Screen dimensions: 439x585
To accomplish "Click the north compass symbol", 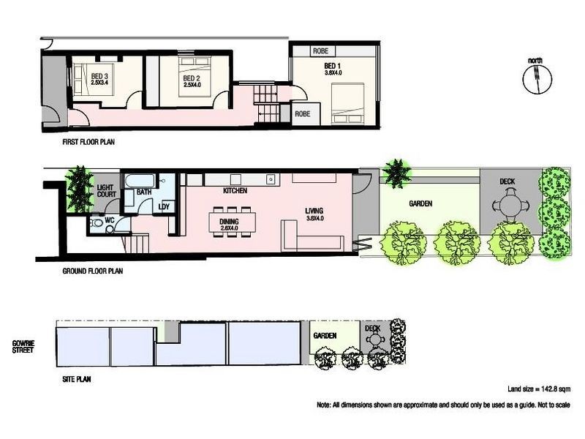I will (x=535, y=75).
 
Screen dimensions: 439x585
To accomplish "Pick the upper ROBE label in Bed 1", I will (x=320, y=51).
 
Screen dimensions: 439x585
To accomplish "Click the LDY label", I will (x=165, y=206).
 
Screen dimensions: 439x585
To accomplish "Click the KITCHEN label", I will (x=234, y=191).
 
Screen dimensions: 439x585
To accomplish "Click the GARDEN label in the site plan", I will (x=325, y=335).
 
